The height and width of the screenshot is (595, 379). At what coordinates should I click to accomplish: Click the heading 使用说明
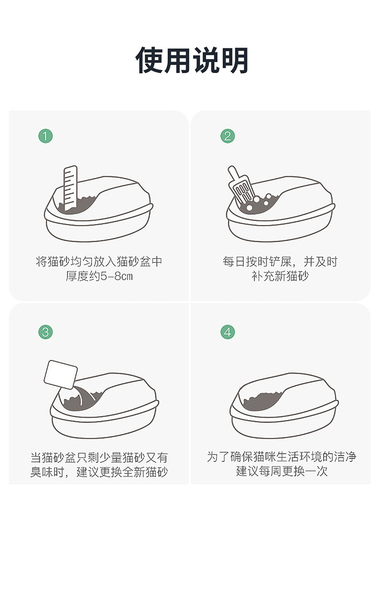coord(191,60)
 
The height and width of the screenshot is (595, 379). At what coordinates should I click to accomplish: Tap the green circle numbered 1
coord(46,136)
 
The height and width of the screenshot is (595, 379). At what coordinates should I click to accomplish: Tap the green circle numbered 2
coord(227,136)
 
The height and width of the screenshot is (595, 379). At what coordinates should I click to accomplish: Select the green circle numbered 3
coord(46,332)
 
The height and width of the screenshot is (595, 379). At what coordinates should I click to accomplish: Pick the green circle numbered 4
coord(227,332)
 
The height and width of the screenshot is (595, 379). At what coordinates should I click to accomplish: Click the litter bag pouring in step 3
coord(61,374)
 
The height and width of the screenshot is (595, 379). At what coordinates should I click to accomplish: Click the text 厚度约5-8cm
coord(99,276)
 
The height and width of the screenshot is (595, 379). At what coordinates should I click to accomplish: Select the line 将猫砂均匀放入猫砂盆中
coord(99,261)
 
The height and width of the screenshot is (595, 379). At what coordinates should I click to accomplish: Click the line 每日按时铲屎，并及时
coord(280,261)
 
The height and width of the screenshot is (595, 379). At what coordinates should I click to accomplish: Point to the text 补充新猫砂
coord(280,276)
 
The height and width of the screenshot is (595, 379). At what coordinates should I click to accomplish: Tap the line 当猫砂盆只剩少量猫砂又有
coord(99,458)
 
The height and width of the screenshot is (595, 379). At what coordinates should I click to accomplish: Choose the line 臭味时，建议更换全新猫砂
coord(99,472)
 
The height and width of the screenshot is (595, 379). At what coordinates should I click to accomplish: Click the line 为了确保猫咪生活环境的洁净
coord(282,457)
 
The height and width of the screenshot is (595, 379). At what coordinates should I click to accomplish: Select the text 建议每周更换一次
coord(282,471)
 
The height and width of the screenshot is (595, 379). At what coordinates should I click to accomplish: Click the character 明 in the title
coord(235,60)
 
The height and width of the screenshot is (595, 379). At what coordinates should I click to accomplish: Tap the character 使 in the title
coord(149,60)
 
